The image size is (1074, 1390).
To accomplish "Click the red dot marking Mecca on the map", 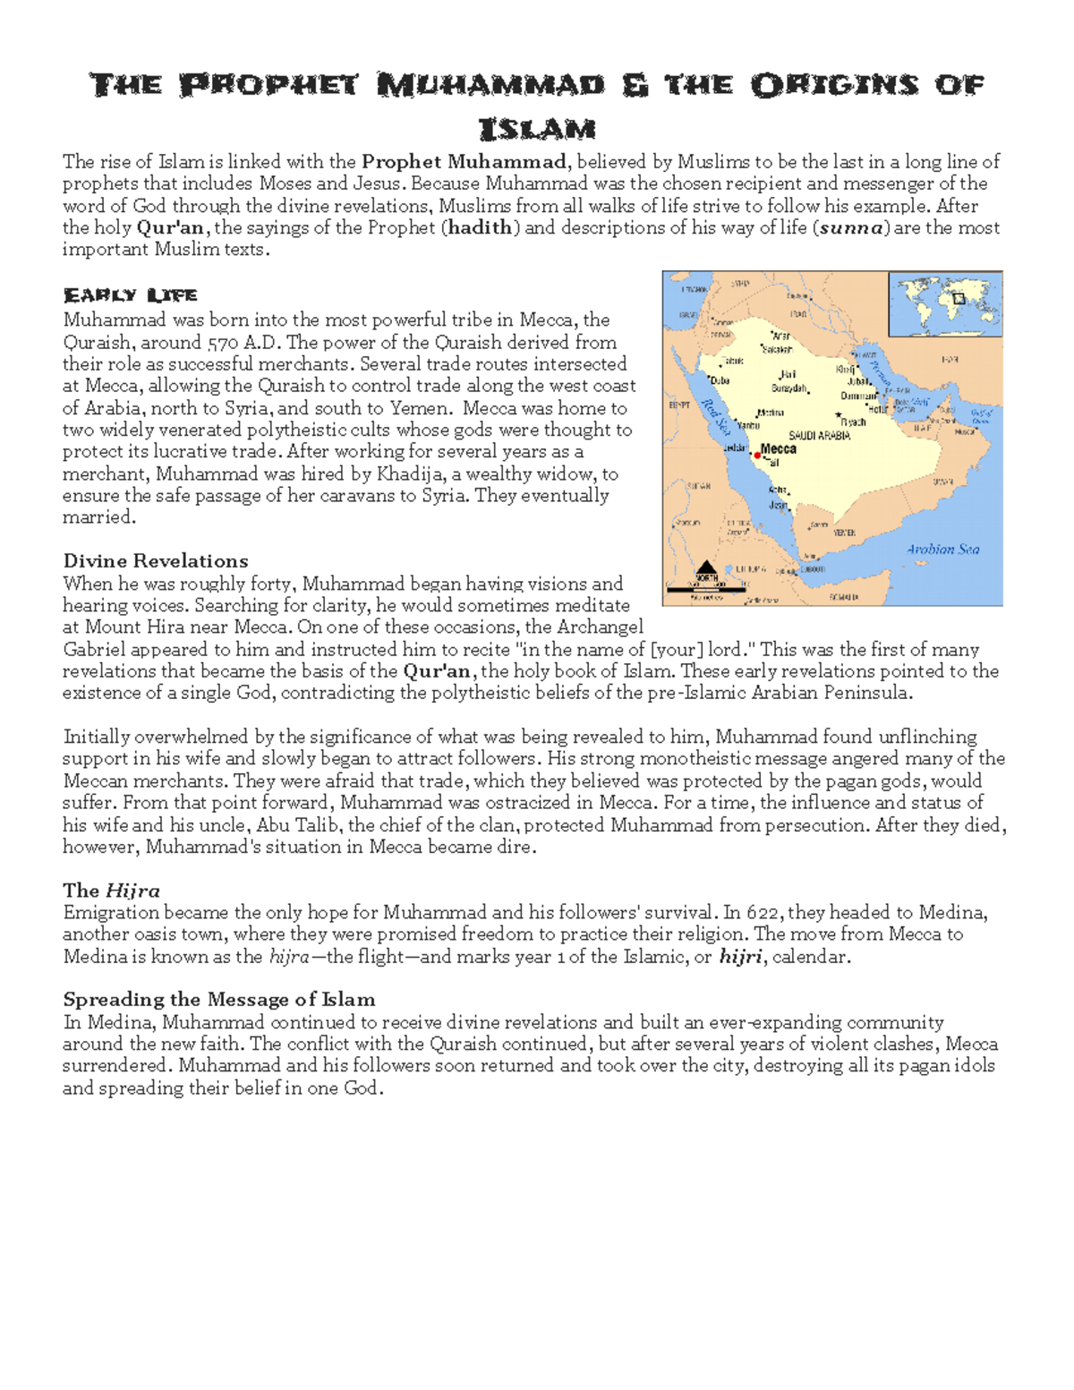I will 758,456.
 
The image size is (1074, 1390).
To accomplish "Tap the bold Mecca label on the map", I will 778,448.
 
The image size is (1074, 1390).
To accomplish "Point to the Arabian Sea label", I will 942,550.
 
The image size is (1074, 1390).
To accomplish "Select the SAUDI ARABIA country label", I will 819,435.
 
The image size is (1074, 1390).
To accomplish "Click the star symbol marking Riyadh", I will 839,415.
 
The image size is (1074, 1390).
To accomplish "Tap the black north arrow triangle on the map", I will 706,567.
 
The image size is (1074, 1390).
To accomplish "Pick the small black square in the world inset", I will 959,299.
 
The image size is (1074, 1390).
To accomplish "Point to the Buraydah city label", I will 789,389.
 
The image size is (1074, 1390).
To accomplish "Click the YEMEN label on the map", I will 844,533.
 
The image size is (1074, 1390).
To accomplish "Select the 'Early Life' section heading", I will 130,295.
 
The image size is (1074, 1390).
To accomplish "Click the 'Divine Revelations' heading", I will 156,561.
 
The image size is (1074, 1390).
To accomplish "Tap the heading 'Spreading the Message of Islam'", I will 219,1000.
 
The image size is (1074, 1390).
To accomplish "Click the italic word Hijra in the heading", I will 132,891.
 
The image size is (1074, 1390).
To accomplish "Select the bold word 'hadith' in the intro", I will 481,227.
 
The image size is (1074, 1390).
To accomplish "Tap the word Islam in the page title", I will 537,130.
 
